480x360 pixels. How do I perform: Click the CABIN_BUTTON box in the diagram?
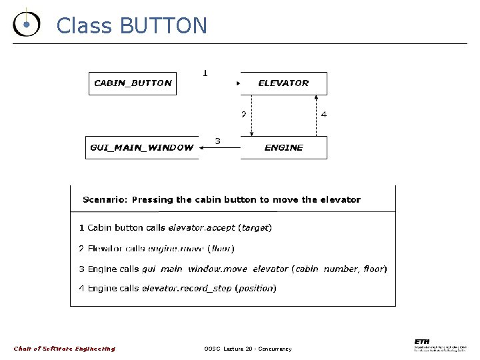pos(133,83)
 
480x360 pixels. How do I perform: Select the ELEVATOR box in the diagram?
pos(283,83)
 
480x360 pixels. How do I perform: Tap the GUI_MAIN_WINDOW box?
pos(141,147)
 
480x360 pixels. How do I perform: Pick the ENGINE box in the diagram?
pos(283,147)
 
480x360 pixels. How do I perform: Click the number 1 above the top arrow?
pos(205,73)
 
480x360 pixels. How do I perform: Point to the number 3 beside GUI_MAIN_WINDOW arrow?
pos(217,141)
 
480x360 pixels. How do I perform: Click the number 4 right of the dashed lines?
pos(324,115)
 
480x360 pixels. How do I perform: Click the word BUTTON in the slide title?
pos(163,25)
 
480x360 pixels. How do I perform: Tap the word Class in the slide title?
pos(85,25)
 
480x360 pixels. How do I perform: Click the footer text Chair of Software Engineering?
pos(65,349)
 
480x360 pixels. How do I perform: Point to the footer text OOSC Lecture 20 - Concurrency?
pos(248,349)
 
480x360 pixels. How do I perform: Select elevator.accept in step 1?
pos(201,227)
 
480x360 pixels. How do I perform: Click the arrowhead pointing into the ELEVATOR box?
pos(238,84)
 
